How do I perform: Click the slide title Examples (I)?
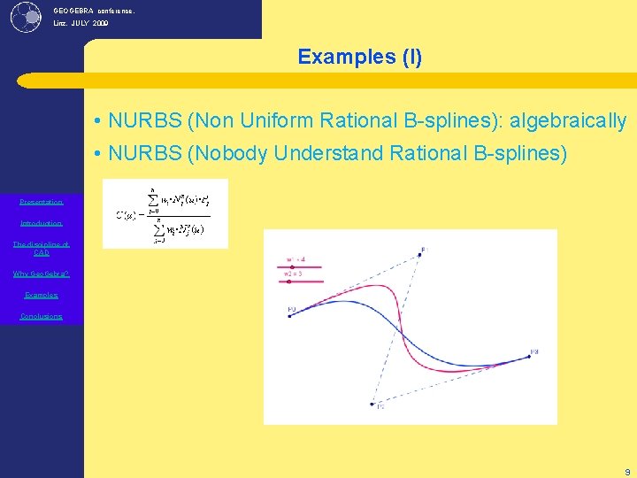point(360,58)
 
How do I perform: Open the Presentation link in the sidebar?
point(42,202)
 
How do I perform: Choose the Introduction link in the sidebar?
point(42,223)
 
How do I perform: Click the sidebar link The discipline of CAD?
point(42,248)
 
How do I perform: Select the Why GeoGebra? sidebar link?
point(42,274)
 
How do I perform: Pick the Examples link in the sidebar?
point(42,295)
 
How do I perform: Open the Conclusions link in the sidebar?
point(42,316)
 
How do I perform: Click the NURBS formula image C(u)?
point(165,213)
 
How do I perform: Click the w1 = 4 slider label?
point(296,259)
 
